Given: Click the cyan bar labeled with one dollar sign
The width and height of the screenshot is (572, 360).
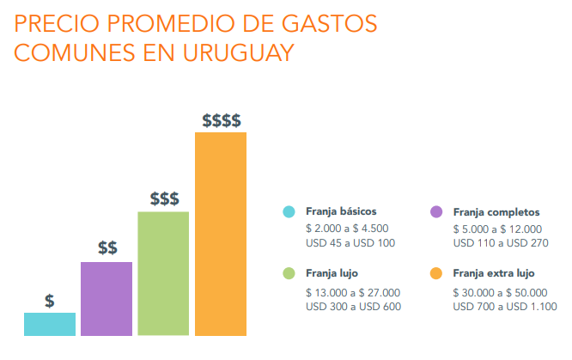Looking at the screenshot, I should (50, 324).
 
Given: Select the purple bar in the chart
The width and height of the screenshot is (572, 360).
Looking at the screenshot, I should (106, 298).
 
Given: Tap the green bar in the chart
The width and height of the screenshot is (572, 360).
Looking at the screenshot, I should (163, 273).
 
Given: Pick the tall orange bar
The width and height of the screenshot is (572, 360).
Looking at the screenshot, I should (221, 234).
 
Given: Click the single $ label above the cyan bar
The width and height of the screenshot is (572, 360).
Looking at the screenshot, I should (50, 302).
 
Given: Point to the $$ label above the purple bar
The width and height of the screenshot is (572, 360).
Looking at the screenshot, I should (107, 249).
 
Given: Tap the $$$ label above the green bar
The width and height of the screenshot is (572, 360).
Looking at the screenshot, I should (164, 199).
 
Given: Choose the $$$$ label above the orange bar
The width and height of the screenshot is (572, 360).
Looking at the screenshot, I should (221, 120).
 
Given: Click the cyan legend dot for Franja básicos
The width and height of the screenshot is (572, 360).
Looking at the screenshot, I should (289, 211).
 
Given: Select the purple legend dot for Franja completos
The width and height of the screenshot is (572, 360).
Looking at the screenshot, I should (436, 211).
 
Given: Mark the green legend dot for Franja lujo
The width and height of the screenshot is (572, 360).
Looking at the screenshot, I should (289, 274).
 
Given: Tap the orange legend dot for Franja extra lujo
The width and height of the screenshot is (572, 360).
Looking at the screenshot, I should (436, 274).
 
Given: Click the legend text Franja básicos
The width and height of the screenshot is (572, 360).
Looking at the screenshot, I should (341, 211).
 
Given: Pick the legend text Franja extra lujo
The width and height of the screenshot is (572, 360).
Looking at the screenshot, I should (493, 274).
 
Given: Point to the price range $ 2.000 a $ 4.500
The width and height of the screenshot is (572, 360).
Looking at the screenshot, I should (347, 229).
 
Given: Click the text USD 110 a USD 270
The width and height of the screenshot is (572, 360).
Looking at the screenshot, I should (498, 243).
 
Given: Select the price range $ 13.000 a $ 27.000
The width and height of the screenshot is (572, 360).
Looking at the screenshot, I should (352, 292).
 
